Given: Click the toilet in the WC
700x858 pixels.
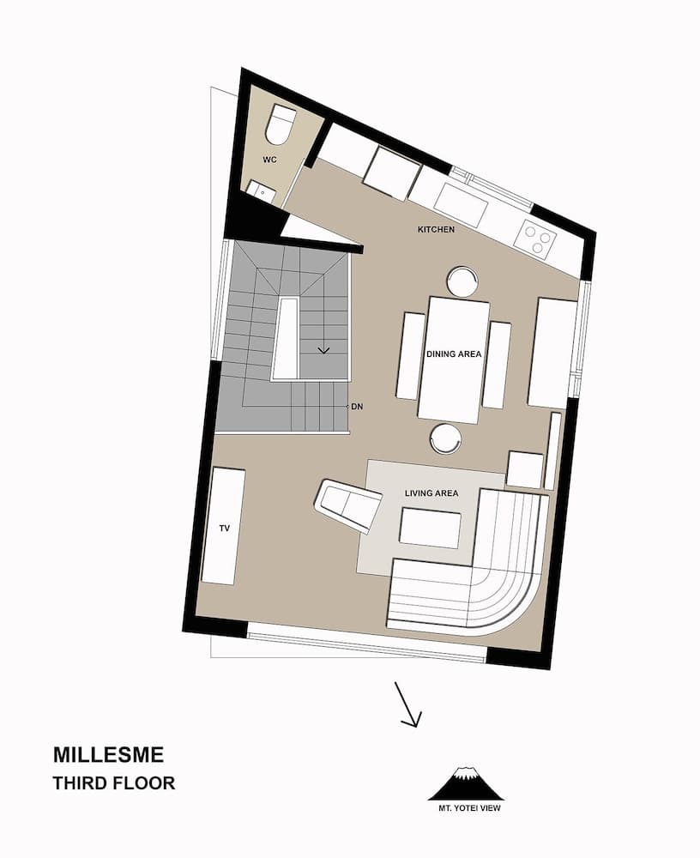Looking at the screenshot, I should (x=281, y=124).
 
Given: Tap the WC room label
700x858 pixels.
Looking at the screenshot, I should (x=270, y=160).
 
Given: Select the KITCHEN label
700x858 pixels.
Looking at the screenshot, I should (x=436, y=230).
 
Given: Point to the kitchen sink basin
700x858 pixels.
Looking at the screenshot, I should (x=461, y=204).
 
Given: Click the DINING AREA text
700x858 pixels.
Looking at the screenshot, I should (x=455, y=353).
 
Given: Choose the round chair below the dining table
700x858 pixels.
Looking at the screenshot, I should (x=446, y=438).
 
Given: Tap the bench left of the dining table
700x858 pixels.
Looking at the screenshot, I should (x=410, y=355).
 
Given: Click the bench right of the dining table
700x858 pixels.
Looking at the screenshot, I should (x=496, y=365).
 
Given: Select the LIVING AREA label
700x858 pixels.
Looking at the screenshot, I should (x=431, y=493).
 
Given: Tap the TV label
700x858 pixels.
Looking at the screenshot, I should (x=224, y=529).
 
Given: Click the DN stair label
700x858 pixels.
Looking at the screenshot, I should (x=358, y=406).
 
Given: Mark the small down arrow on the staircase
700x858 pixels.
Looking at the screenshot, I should (x=323, y=349).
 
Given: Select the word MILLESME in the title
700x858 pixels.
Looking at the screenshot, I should (x=108, y=755).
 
